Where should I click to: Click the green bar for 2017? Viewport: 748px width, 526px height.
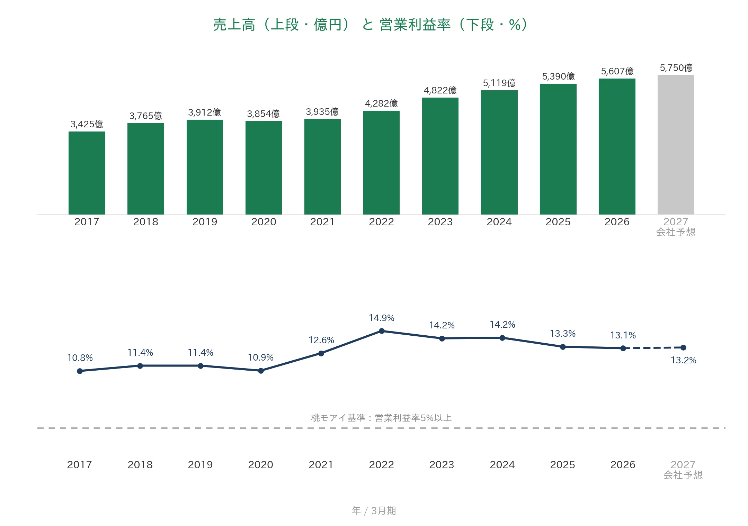87,173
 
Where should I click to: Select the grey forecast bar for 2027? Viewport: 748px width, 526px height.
676,145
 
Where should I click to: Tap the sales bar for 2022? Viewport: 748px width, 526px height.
381,162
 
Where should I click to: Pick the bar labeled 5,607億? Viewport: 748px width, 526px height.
617,146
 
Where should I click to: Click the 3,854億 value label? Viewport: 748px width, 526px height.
264,114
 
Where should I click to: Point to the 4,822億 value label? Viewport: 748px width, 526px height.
440,90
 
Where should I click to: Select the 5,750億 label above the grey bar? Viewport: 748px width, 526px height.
676,68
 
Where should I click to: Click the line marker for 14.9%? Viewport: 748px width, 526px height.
382,331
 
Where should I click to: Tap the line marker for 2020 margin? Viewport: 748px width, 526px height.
261,371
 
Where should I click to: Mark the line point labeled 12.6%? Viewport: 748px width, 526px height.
321,353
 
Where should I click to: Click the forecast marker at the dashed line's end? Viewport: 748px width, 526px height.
683,347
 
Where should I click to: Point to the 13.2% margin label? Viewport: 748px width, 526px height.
684,360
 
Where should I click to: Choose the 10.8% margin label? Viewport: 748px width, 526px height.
80,358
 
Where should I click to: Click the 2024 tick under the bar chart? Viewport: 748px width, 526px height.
499,222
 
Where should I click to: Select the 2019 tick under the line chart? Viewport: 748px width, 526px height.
200,465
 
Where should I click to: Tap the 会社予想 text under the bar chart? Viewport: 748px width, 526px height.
676,232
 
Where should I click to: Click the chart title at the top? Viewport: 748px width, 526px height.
371,25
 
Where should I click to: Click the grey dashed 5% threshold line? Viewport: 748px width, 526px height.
381,428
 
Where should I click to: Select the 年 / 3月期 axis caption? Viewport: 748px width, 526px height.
374,511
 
